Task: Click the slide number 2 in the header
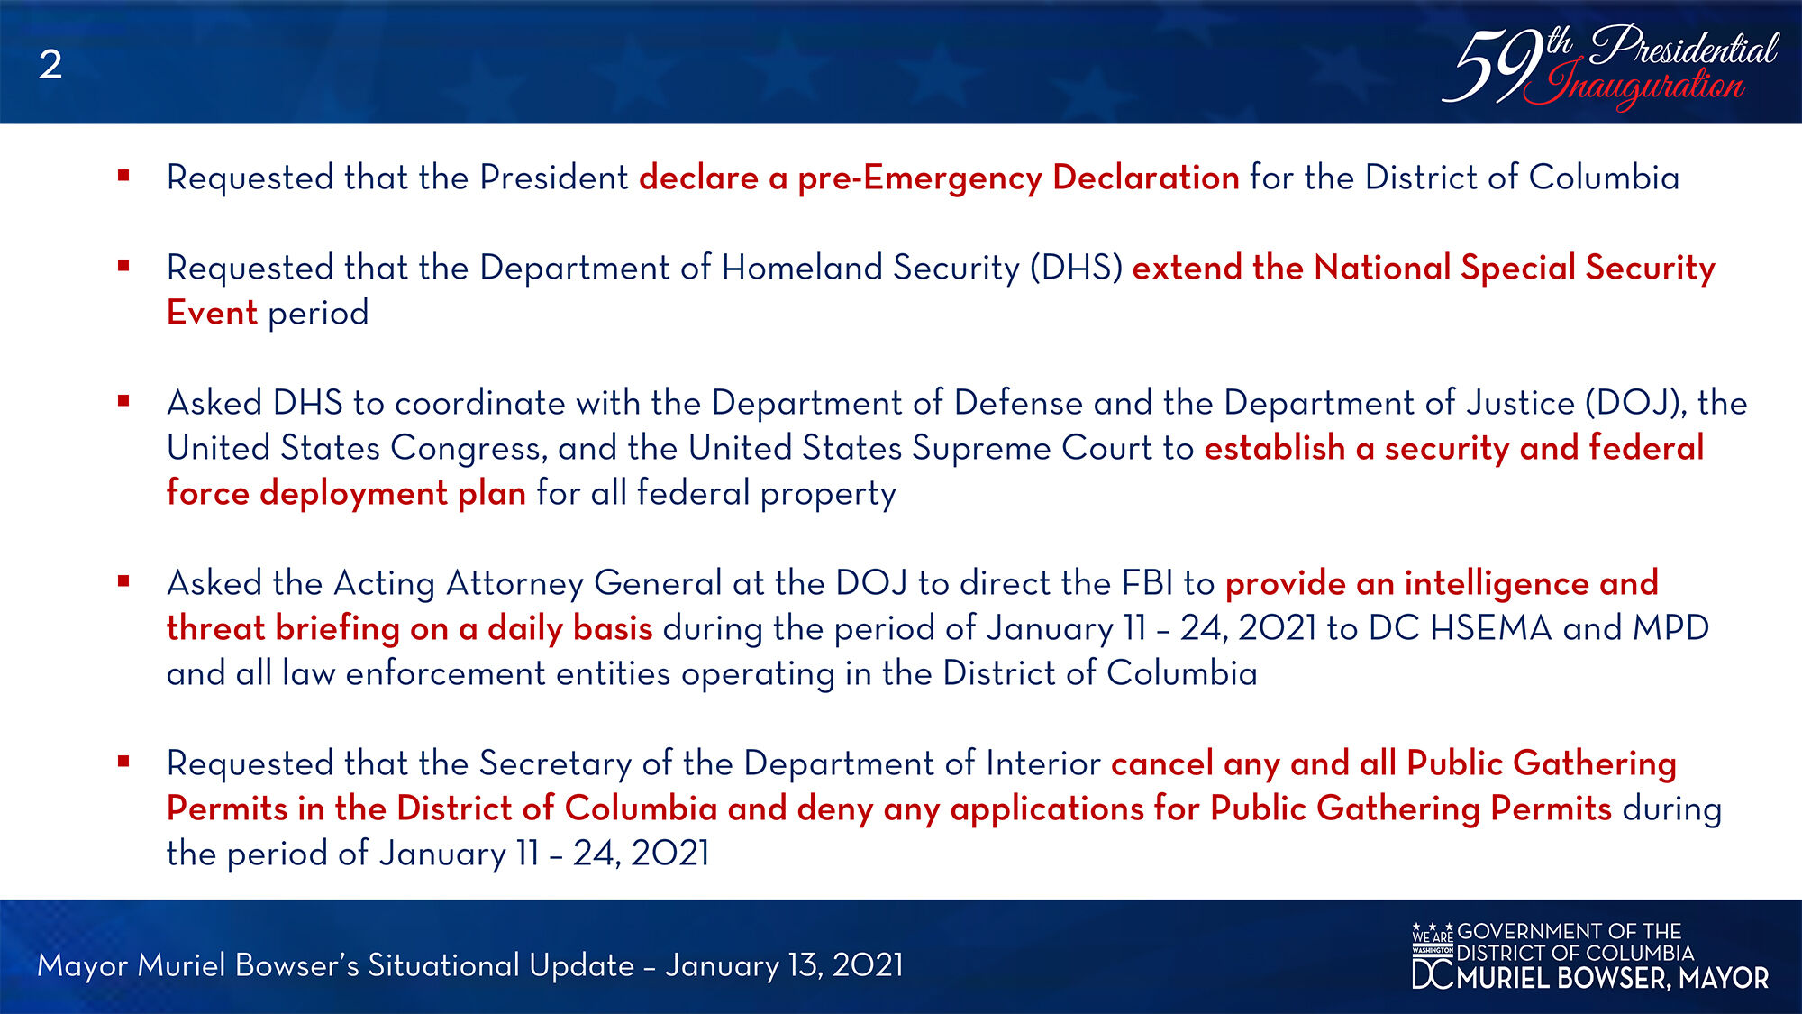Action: click(50, 65)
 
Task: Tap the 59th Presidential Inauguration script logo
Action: click(1610, 66)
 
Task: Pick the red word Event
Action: click(213, 313)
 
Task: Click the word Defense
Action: click(1018, 403)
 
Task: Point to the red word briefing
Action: click(338, 629)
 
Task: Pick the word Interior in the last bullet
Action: click(1043, 763)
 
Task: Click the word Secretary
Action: click(555, 764)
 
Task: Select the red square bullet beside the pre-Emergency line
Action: click(123, 176)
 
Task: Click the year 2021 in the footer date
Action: click(868, 965)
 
